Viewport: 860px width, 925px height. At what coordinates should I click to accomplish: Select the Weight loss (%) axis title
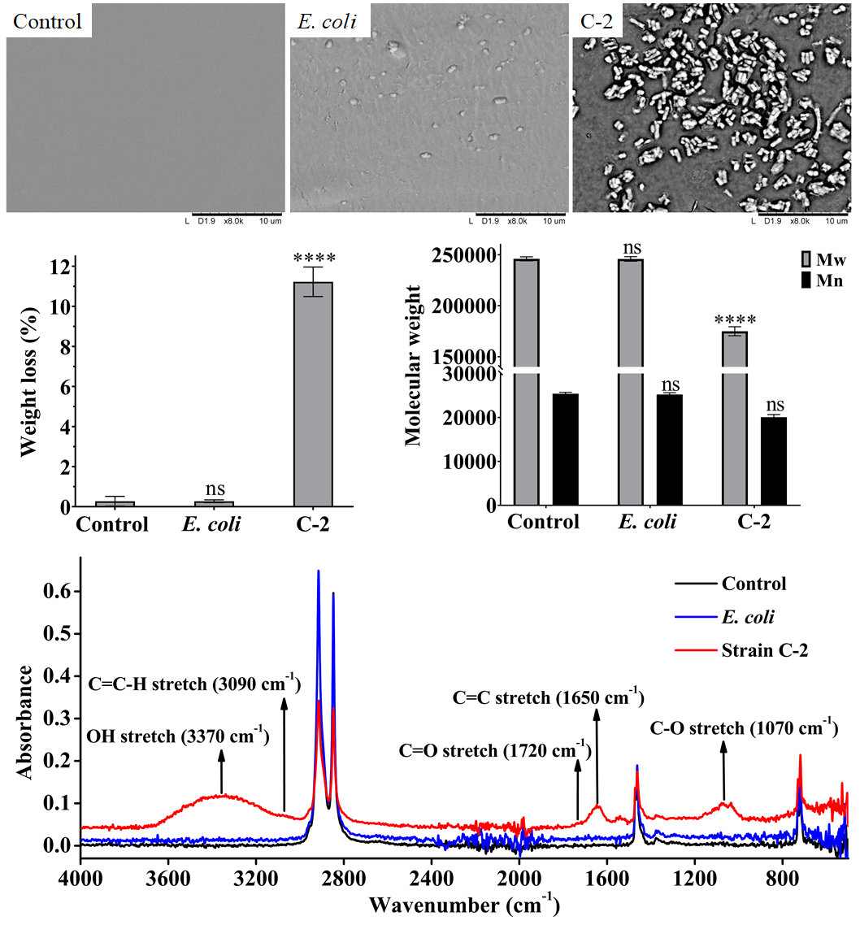(x=29, y=381)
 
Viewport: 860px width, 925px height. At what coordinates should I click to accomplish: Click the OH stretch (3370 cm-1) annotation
(x=177, y=738)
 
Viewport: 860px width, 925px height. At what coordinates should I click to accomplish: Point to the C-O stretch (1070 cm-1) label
(x=744, y=727)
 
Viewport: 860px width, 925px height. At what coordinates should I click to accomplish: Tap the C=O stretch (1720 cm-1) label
(x=494, y=749)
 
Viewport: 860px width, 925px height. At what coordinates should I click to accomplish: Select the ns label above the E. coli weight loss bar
(x=214, y=489)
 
